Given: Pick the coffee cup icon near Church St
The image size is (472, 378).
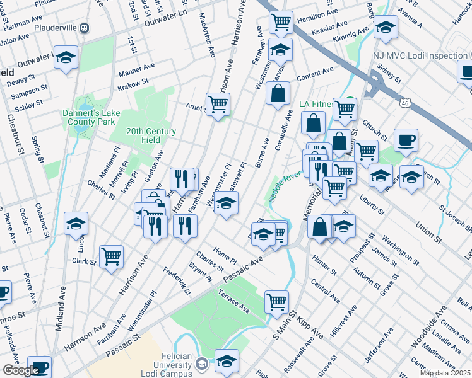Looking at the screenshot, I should click(x=406, y=140).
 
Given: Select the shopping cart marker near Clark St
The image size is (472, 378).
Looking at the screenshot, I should click(x=112, y=256).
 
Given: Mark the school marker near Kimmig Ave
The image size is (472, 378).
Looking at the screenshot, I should click(x=386, y=27).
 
